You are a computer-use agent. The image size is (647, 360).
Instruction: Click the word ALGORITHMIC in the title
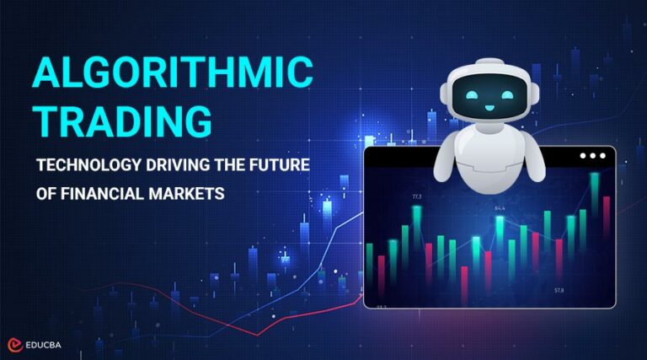[x=174, y=74]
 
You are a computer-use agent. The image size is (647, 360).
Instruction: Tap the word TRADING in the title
[x=123, y=121]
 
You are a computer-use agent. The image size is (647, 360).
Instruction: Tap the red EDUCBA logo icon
[x=15, y=345]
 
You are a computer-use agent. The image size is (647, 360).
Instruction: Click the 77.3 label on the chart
[x=416, y=197]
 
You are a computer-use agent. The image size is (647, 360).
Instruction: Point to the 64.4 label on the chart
[x=500, y=207]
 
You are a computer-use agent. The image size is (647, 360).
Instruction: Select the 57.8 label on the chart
[x=558, y=290]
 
